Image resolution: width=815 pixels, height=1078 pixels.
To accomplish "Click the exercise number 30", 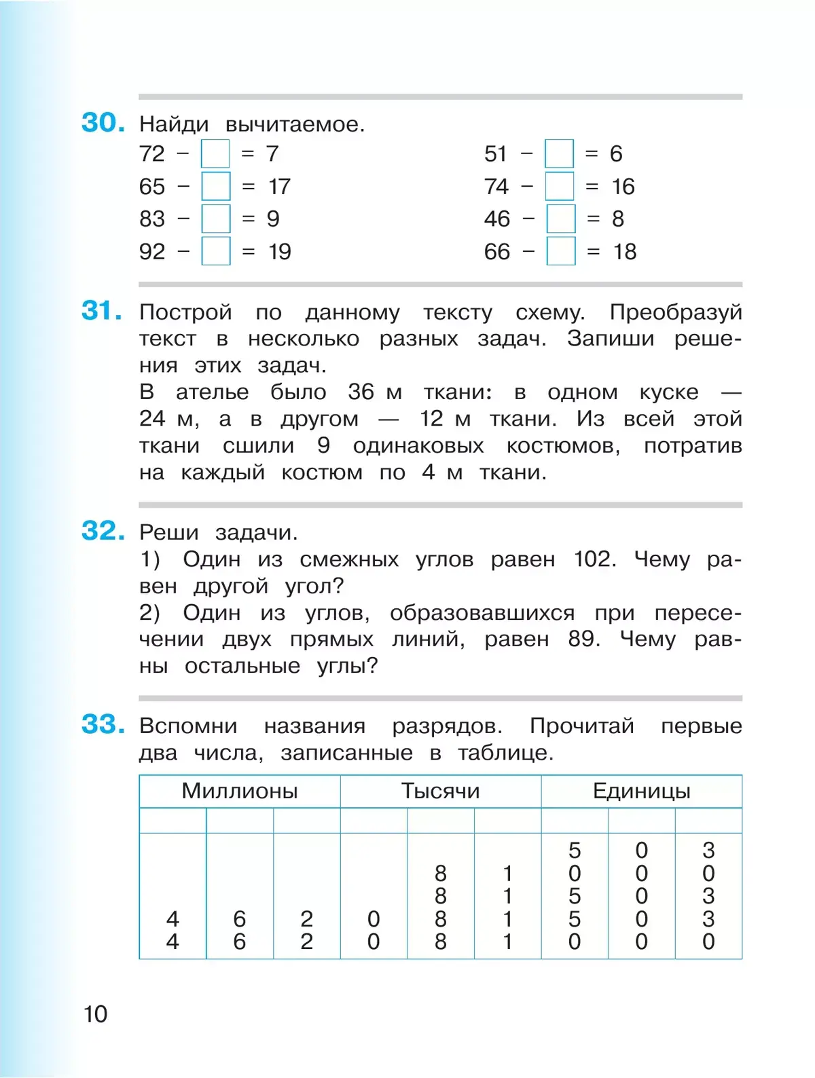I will pos(103,123).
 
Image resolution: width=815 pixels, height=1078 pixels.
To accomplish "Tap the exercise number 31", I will pos(101,311).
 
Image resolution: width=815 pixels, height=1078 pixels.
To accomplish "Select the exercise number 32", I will pos(103,531).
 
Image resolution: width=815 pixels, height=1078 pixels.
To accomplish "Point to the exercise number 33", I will pos(103,724).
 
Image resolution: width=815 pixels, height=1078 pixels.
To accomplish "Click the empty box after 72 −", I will pos(215,153).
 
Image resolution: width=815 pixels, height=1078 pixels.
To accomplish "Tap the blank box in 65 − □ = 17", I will pos(216,186).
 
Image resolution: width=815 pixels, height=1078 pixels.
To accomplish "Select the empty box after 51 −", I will pos(559,153).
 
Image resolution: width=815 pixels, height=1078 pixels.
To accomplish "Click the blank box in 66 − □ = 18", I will pos(561,251).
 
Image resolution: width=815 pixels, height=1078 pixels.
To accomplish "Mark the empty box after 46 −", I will pos(561,219).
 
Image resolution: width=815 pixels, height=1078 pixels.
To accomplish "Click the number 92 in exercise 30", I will pos(152,252).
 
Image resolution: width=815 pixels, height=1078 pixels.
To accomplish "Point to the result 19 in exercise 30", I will pos(280,252).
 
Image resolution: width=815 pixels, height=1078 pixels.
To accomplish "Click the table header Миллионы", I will pos(240,791).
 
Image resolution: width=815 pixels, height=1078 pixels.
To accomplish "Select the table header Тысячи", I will pos(440,791).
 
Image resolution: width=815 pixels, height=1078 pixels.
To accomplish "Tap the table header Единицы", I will pos(641,791).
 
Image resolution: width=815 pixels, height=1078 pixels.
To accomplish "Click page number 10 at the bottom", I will pos(96,1014).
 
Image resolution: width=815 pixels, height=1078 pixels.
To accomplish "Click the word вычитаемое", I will pos(294,124).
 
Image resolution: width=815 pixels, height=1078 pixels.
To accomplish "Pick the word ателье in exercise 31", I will pos(212,392).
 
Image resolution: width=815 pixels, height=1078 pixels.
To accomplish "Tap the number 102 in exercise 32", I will pos(594,559).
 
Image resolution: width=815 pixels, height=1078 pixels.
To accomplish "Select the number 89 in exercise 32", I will pos(583,639).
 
